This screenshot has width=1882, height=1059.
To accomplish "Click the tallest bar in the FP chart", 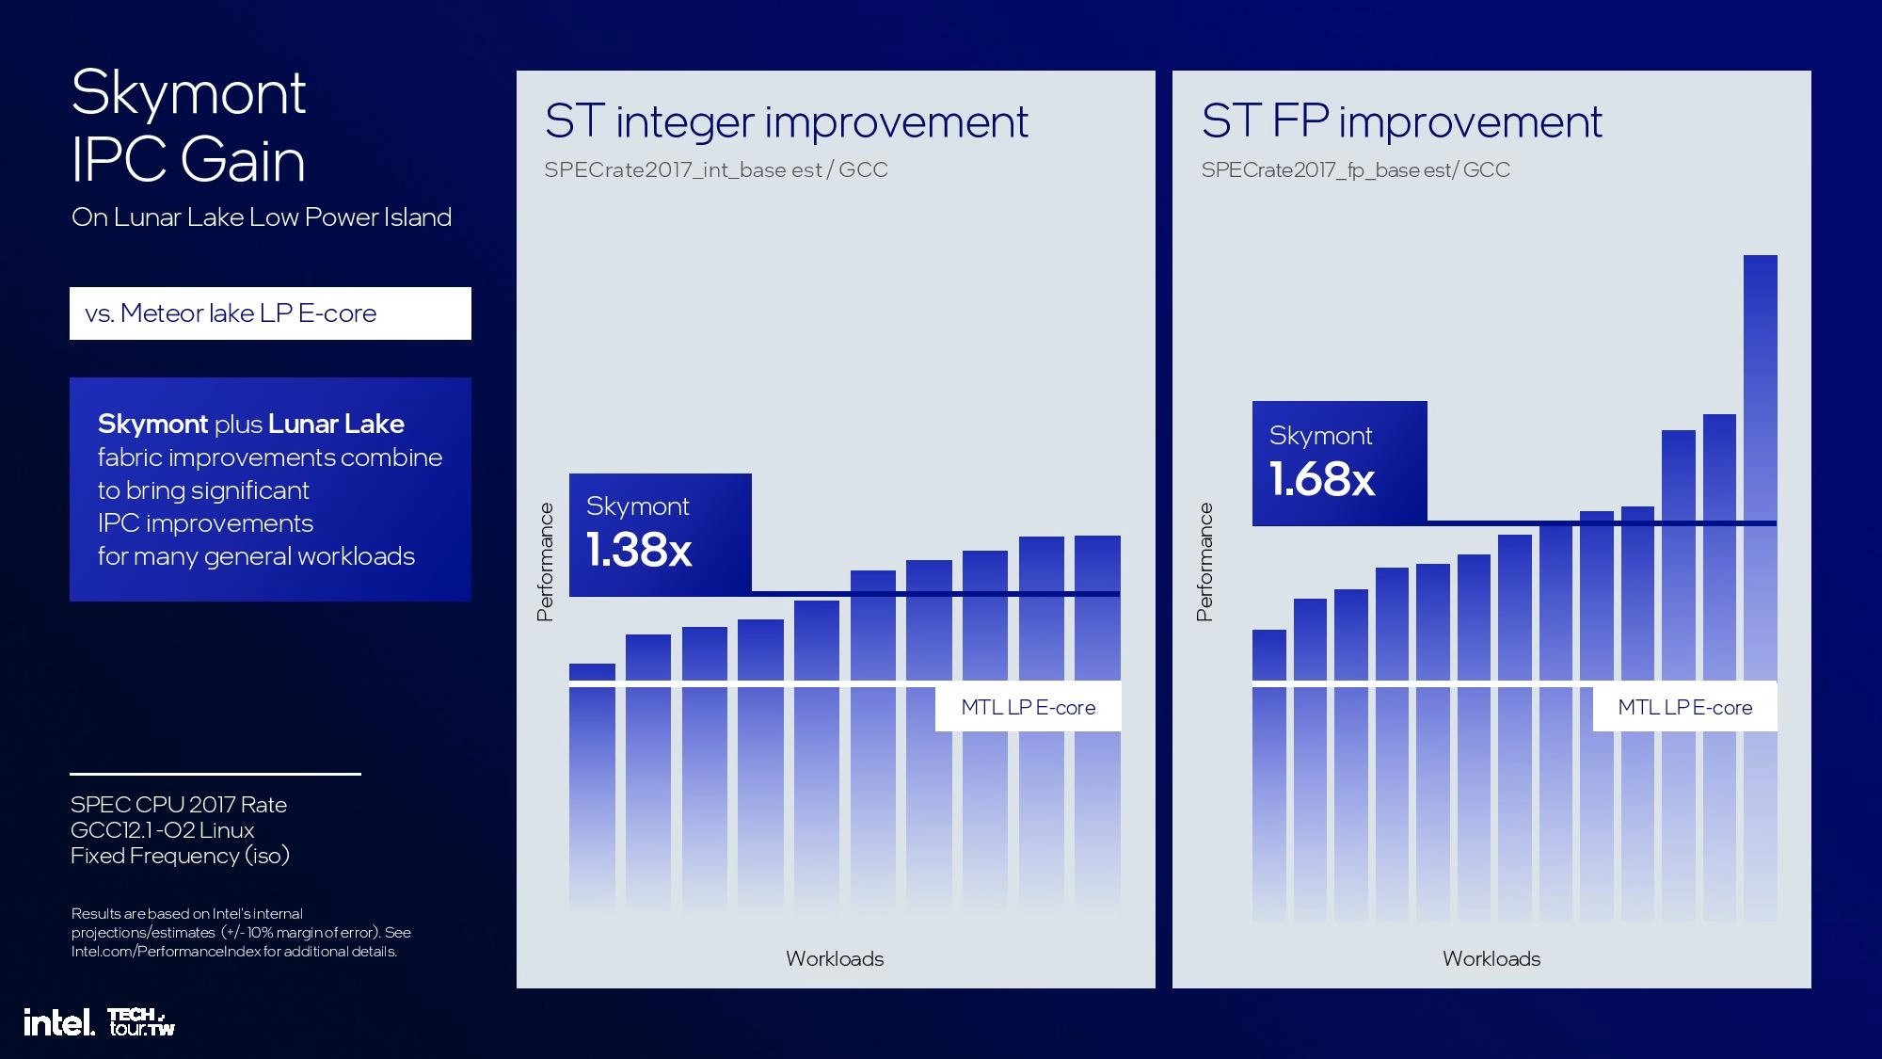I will click(1760, 471).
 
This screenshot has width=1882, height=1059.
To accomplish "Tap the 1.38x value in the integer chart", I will click(639, 551).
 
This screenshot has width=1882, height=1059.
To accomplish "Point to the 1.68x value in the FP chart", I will click(1321, 479).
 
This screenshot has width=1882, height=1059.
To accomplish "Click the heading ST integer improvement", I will click(786, 122).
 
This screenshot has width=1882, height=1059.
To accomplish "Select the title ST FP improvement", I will click(1401, 122).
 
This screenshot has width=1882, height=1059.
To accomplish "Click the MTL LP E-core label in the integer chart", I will click(1028, 707).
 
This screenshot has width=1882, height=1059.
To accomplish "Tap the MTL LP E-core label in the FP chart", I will click(1684, 707).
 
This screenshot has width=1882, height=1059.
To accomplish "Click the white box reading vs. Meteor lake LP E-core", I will click(270, 313).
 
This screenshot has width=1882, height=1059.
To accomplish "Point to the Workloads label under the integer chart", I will click(835, 958).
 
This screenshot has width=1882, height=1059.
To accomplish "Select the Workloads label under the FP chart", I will click(1491, 958).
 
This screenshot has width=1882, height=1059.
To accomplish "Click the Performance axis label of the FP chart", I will click(1204, 562).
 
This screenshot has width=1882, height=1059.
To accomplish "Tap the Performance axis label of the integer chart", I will click(545, 562).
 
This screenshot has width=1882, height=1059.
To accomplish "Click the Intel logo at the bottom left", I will click(58, 1023).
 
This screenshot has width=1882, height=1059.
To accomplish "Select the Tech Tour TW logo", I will click(141, 1022).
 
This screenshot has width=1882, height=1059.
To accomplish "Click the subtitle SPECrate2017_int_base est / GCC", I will click(715, 170).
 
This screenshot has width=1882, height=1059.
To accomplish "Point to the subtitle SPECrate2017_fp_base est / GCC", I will click(1355, 170).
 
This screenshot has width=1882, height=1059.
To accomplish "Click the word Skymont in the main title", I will click(188, 93).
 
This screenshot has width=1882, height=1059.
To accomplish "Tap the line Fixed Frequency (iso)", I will click(180, 856).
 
